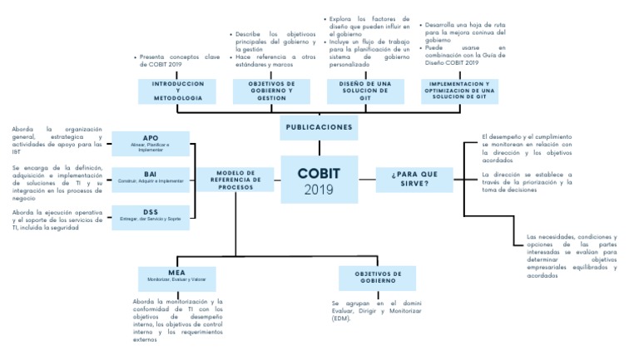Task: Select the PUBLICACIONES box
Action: point(319,127)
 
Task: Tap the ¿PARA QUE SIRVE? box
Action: point(420,180)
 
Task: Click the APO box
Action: point(151,142)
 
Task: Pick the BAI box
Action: point(151,179)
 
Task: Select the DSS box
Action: point(151,216)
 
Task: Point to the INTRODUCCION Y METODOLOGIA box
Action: point(177,91)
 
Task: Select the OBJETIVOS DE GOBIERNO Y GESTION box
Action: point(260,91)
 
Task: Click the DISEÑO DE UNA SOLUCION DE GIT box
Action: point(364,91)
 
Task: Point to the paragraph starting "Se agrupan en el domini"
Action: point(370,311)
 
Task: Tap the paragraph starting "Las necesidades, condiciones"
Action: point(572,256)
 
